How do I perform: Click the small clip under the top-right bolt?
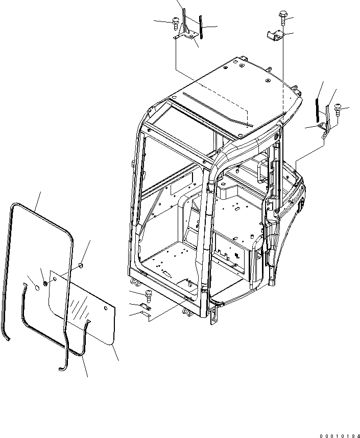tap(276, 35)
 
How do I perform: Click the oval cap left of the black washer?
tap(36, 288)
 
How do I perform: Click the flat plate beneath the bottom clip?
tap(146, 316)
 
